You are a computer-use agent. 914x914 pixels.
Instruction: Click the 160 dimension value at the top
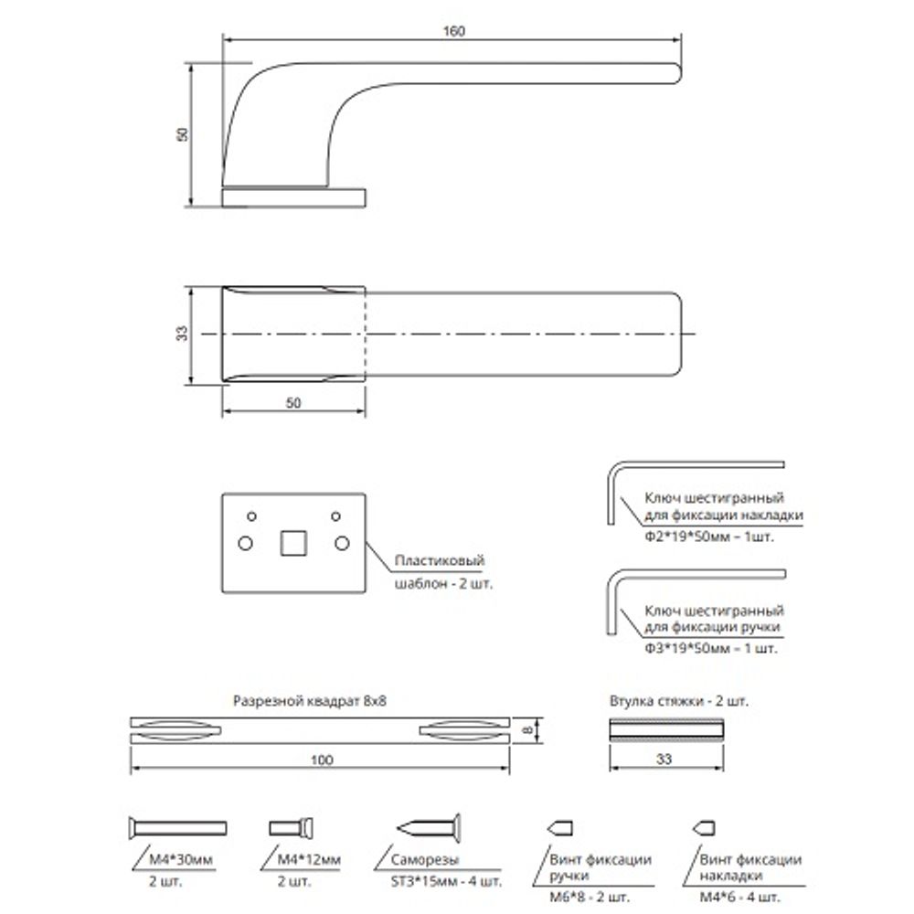pos(454,30)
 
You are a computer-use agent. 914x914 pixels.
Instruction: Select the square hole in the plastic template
pos(292,542)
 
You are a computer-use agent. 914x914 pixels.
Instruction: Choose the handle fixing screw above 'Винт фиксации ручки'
pos(559,828)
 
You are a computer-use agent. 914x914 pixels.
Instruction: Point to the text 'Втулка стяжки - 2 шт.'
pos(677,702)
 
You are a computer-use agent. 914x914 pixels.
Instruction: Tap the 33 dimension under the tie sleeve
pos(664,758)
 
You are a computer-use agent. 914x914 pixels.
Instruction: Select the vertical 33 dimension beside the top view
pos(183,335)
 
